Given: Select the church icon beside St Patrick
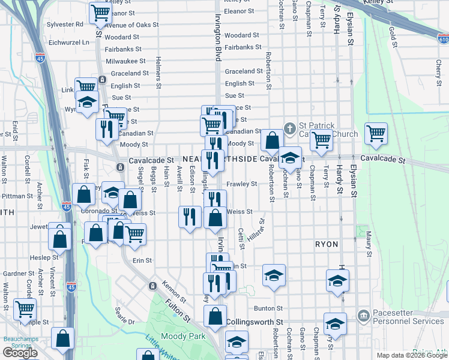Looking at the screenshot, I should pos(290,128).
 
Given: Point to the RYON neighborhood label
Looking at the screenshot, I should pos(327,245).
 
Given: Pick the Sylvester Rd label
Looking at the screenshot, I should pos(67,24).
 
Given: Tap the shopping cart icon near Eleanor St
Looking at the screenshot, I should pos(100,12).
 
